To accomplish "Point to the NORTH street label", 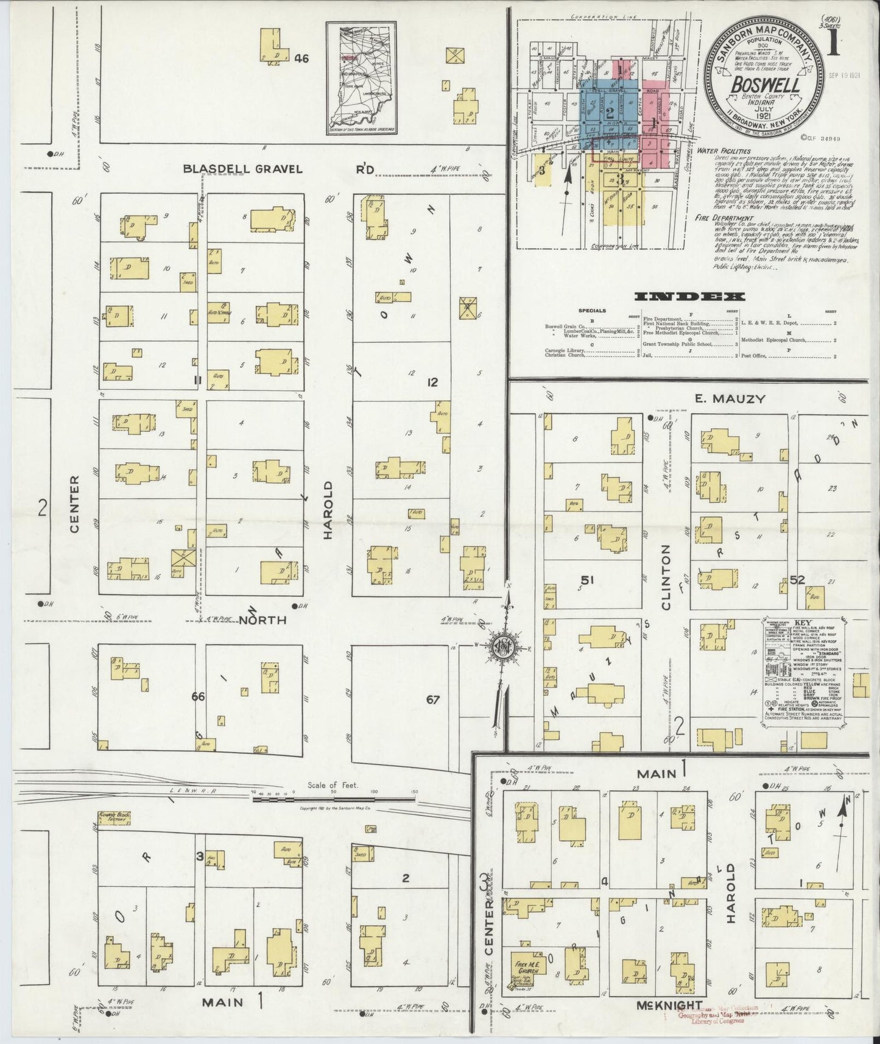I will pos(262,620).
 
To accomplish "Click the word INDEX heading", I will pos(689,297).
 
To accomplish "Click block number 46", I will pos(301,58).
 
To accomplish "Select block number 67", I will pos(433,699).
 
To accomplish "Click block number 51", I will pos(587,579).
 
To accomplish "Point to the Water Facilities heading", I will pos(723,151).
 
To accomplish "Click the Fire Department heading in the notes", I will pos(722,217).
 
